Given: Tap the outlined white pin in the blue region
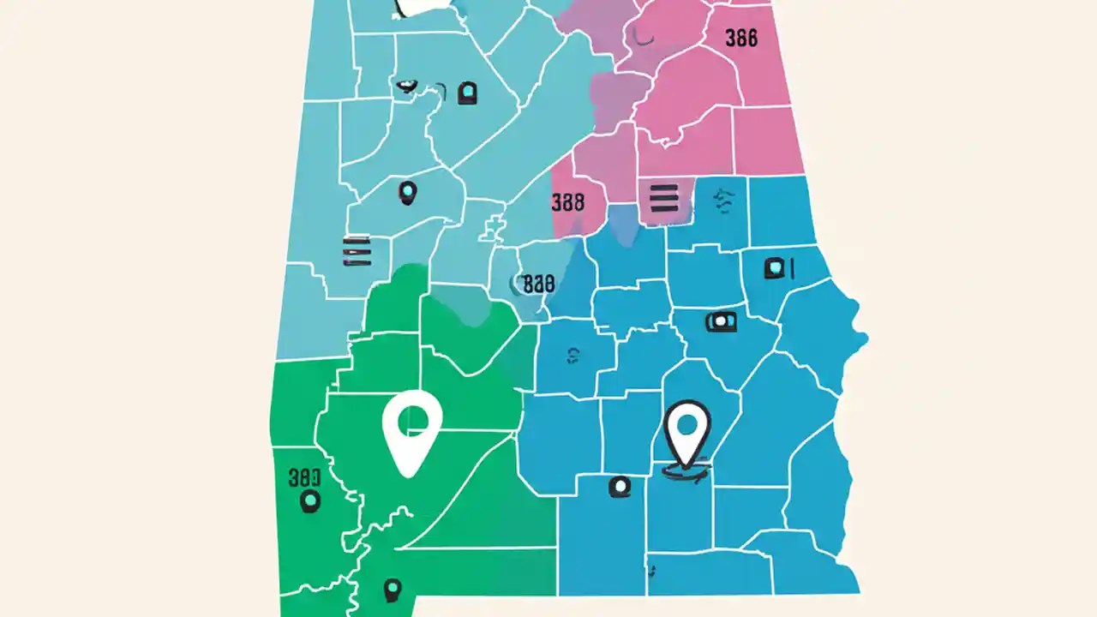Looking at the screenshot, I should [687, 433].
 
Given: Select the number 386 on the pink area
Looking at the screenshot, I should [740, 39].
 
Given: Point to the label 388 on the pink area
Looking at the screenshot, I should [567, 202].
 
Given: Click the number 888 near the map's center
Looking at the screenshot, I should [538, 284].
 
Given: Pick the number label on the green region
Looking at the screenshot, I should [304, 477].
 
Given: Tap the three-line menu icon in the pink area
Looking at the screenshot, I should [664, 198].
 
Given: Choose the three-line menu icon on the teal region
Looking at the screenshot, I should [357, 250].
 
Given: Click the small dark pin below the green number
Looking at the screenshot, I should [309, 501].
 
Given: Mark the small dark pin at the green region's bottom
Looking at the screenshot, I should [393, 590].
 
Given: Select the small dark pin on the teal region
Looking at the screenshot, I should [408, 192].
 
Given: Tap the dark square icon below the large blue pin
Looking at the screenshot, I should [619, 488].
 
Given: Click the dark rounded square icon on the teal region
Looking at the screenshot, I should [467, 93].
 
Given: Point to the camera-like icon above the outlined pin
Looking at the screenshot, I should [721, 321].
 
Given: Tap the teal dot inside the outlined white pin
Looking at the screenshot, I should [687, 423].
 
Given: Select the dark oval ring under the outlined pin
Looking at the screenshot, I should [687, 469].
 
